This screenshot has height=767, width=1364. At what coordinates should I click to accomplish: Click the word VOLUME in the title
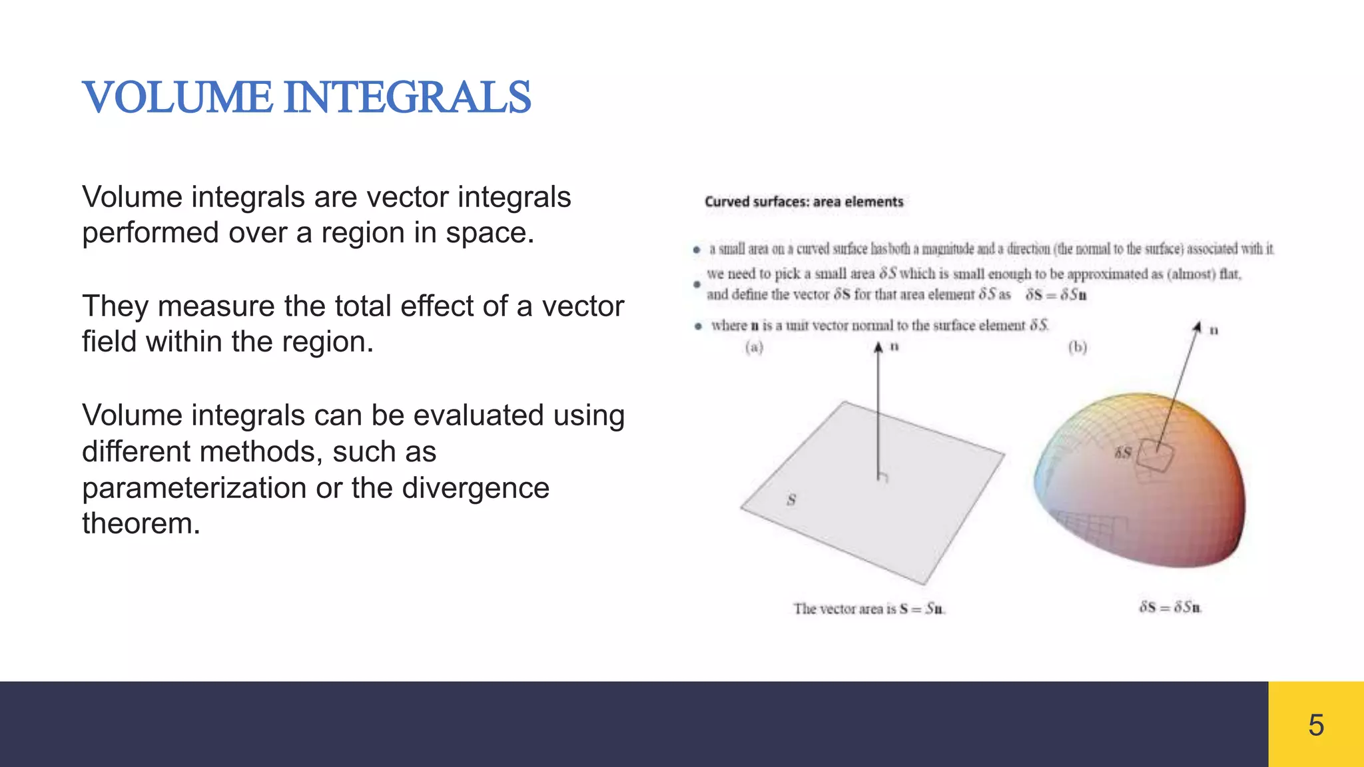[x=177, y=97]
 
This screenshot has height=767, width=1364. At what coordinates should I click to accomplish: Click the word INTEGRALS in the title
[x=407, y=97]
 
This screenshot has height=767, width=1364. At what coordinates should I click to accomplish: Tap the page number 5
[x=1315, y=725]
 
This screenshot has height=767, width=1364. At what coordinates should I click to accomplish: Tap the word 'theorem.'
[x=141, y=523]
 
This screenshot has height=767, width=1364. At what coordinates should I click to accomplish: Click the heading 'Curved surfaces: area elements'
[x=804, y=202]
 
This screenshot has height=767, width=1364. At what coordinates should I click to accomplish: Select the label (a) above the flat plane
[x=754, y=347]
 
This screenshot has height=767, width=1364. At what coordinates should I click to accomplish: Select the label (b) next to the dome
[x=1078, y=347]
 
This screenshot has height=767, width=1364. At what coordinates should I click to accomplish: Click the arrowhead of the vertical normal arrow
[x=878, y=347]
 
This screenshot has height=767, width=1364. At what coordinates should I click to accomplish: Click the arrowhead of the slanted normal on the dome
[x=1197, y=326]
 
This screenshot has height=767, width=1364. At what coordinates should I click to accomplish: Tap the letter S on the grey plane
[x=791, y=499]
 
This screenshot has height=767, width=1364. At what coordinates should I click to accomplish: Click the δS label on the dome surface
[x=1123, y=453]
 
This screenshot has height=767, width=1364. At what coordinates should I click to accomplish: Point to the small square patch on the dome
[x=1155, y=456]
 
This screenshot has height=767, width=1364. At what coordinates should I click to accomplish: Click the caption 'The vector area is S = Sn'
[x=868, y=609]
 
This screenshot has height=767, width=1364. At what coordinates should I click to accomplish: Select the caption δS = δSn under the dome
[x=1170, y=607]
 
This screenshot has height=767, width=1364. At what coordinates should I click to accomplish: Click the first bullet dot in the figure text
[x=697, y=250]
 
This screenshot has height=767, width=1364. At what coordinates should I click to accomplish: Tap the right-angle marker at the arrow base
[x=883, y=477]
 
